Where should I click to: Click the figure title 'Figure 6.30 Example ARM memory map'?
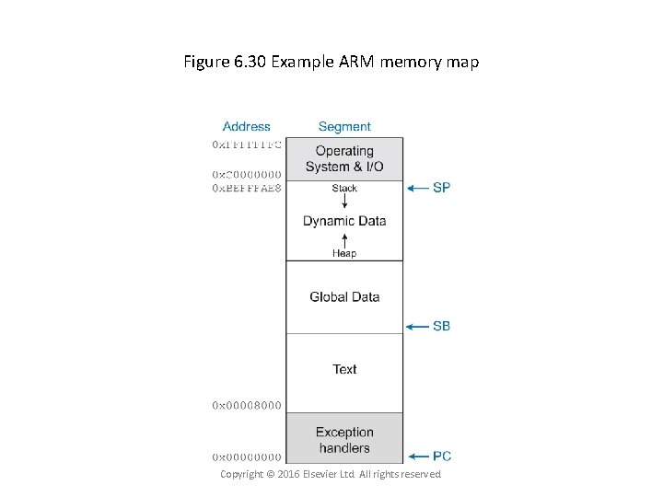pos(331,63)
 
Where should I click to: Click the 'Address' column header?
pos(247,127)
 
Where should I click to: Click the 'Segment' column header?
pos(344,127)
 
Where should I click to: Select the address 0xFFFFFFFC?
pos(248,144)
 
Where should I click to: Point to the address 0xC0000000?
pos(248,175)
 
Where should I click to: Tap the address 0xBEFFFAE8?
pos(248,188)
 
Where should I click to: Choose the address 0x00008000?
pos(248,405)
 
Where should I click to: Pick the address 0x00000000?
pos(248,457)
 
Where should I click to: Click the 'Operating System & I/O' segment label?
pos(344,158)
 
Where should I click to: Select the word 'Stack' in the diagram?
pos(344,189)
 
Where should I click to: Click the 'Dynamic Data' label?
pos(344,221)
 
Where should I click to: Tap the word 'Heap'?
pos(344,253)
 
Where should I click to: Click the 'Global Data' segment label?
pos(344,297)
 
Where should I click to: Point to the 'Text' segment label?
pos(344,369)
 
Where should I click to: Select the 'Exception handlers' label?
pos(344,440)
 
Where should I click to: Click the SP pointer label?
pos(441,188)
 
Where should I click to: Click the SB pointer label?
pos(441,326)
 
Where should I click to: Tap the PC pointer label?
pos(441,456)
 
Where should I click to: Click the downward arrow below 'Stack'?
pos(344,202)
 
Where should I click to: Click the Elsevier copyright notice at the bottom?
pos(331,474)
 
